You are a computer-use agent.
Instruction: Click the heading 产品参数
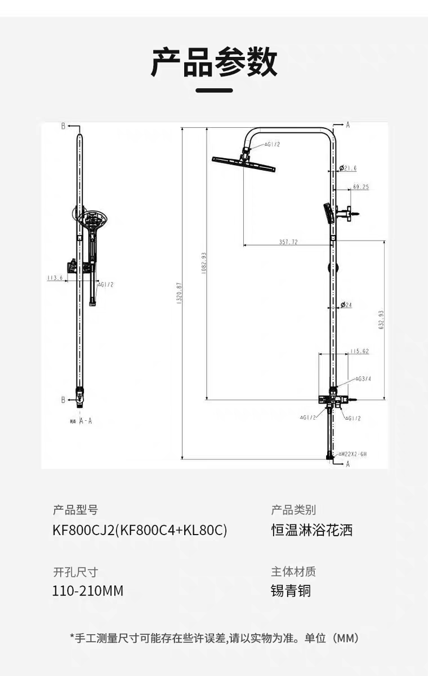coord(214,62)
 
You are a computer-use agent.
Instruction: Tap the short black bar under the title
coord(214,90)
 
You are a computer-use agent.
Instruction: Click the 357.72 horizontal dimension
coord(288,242)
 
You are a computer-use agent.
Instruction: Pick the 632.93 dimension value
coord(381,320)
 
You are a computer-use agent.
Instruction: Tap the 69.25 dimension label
coord(360,187)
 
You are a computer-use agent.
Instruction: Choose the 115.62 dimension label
coord(359,352)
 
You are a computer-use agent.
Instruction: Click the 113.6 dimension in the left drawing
coord(55,278)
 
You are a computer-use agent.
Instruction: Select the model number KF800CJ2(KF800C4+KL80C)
coord(140,530)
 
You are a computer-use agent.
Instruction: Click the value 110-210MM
coord(87,591)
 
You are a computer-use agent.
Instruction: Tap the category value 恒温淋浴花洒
coord(311,530)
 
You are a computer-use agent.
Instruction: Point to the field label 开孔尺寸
coord(75,572)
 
